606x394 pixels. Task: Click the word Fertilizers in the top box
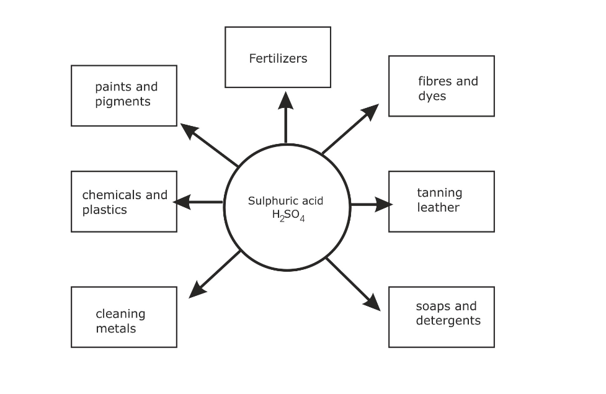(278, 59)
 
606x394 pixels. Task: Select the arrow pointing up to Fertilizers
(285, 118)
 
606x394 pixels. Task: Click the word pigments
(123, 102)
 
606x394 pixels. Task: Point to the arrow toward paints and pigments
(209, 145)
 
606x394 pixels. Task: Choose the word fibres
(432, 81)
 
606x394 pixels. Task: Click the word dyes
(432, 96)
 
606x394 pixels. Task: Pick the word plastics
(104, 210)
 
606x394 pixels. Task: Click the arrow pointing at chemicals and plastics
(197, 202)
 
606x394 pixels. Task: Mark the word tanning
(439, 192)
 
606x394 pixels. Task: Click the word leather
(438, 207)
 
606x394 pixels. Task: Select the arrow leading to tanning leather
(371, 204)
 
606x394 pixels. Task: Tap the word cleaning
(120, 314)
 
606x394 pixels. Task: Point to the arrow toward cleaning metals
(215, 274)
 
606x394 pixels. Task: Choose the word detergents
(448, 321)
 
